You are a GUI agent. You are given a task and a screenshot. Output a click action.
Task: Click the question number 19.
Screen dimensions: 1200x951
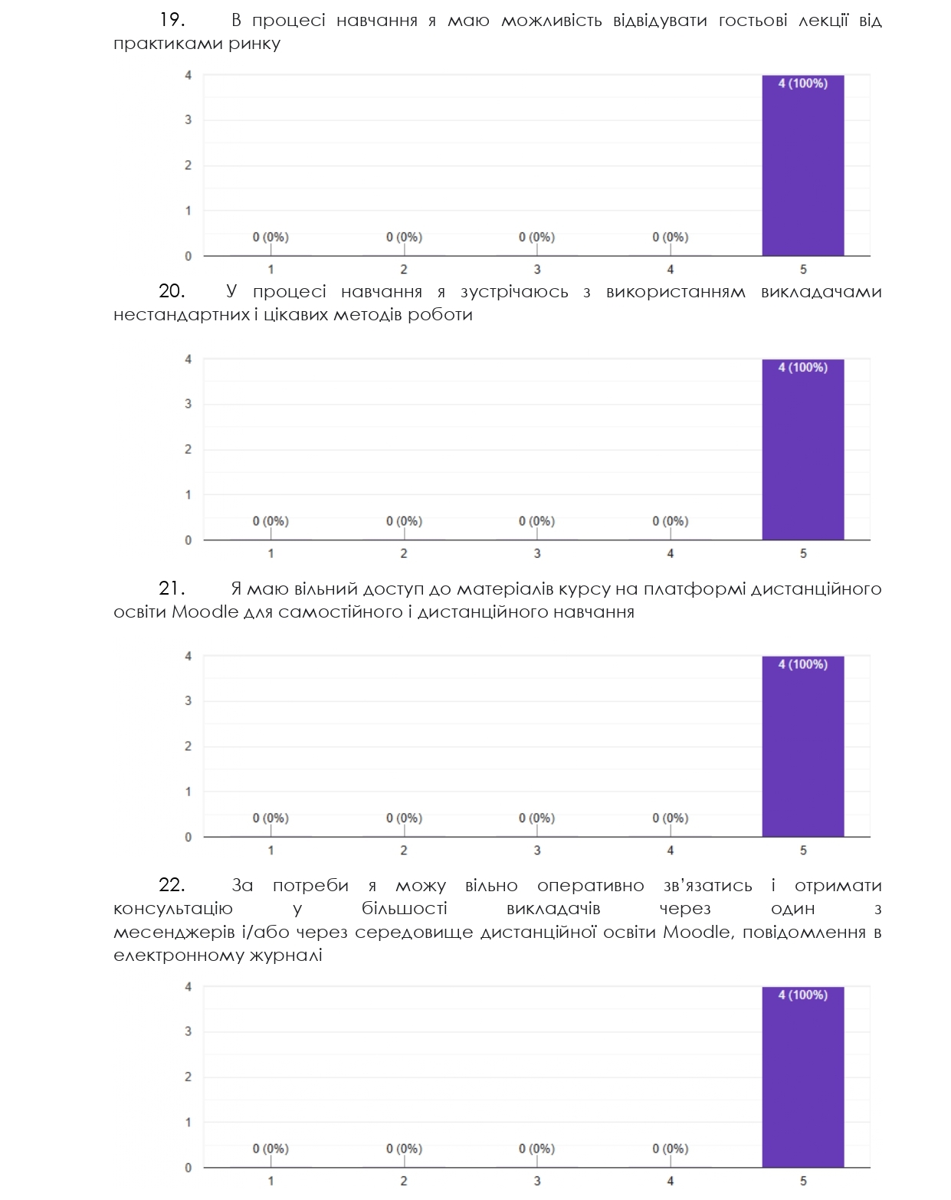pyautogui.click(x=172, y=20)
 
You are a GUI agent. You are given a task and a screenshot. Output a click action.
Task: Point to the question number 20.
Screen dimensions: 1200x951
pyautogui.click(x=172, y=291)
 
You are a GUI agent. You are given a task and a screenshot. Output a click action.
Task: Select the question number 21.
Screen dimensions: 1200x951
pyautogui.click(x=172, y=589)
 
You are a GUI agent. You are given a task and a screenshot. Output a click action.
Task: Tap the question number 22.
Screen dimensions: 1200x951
pyautogui.click(x=172, y=885)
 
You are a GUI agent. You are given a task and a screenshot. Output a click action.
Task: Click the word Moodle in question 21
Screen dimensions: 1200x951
pyautogui.click(x=205, y=611)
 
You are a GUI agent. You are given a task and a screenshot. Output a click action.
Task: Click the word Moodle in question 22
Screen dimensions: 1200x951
pyautogui.click(x=697, y=932)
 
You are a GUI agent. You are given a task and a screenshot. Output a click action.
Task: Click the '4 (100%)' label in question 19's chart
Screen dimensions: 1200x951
pyautogui.click(x=802, y=84)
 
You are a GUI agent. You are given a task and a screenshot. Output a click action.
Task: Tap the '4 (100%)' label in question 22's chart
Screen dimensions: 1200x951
pyautogui.click(x=802, y=995)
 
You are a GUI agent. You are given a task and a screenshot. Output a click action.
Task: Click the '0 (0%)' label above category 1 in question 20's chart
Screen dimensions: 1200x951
pyautogui.click(x=271, y=521)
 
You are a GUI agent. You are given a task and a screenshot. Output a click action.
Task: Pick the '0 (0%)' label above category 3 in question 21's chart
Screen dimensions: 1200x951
pyautogui.click(x=536, y=818)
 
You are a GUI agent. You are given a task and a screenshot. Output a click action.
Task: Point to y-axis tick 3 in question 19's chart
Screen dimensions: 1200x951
pyautogui.click(x=188, y=120)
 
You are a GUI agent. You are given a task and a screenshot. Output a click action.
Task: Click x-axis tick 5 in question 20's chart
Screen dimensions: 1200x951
pyautogui.click(x=803, y=553)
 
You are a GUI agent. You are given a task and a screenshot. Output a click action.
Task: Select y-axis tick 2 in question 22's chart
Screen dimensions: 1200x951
pyautogui.click(x=188, y=1077)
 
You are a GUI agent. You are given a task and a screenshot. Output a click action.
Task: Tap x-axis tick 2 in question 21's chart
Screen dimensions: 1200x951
pyautogui.click(x=404, y=850)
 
